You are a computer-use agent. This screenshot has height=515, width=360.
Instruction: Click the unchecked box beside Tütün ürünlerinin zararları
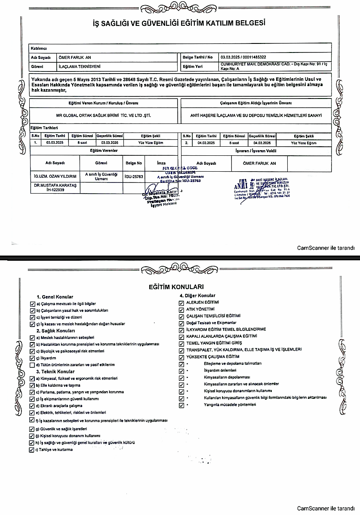coord(32,365)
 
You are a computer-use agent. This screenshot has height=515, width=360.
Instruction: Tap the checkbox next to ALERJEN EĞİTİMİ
coord(182,302)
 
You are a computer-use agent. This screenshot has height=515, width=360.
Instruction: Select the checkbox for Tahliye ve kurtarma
coord(31,450)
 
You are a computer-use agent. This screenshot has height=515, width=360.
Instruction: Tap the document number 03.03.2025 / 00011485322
coord(243,57)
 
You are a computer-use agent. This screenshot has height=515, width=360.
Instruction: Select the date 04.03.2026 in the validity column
coord(262,142)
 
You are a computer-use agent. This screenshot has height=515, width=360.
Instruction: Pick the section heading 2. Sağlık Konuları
coord(55,330)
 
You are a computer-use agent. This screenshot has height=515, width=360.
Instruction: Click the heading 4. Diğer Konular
coord(197,296)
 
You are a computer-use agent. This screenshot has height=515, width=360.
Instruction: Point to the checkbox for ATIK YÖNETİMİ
coord(182,309)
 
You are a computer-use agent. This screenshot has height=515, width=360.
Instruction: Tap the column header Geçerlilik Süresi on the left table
coord(109,136)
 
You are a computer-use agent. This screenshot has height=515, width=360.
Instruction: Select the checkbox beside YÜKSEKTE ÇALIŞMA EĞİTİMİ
coord(182,357)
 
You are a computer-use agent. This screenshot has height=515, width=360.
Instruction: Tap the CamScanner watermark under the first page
coord(326,248)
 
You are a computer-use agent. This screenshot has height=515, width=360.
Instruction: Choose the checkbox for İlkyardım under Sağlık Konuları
coord(32,358)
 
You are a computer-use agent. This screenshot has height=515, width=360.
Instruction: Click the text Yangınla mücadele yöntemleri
coord(230,405)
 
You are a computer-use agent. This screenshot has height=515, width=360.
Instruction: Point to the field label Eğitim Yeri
coord(192,67)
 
